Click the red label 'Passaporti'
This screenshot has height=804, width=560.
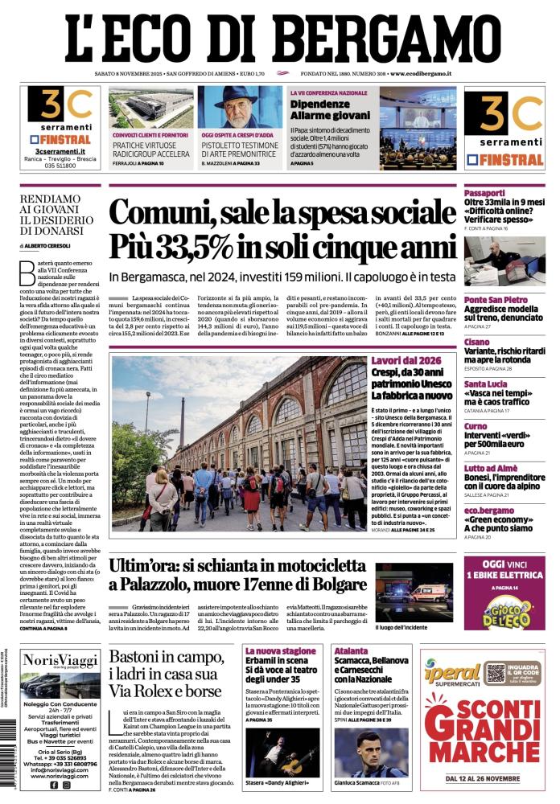tap(484, 193)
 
